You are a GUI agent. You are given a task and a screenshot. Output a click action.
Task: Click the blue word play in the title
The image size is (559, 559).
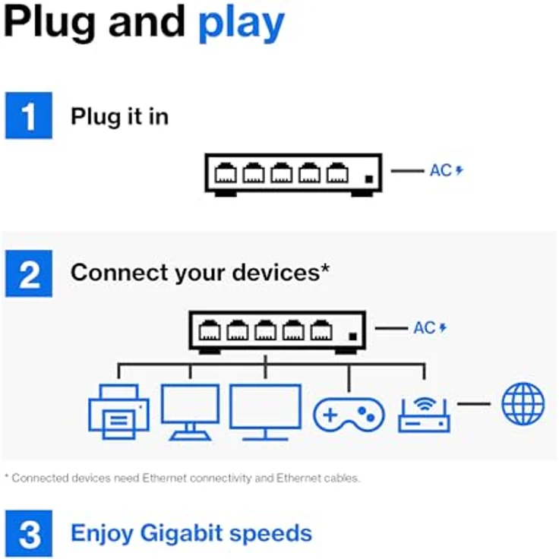pos(242,24)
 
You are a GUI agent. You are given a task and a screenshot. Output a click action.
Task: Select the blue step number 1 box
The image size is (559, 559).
pos(29,115)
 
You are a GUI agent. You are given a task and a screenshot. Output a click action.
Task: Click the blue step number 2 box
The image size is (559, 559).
pos(29,273)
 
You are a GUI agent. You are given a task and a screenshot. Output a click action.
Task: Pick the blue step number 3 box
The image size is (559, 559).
pos(29,534)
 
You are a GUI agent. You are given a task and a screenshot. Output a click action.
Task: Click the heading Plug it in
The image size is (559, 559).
pos(120,117)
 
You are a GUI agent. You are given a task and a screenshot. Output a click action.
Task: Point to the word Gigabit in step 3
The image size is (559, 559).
pos(181,533)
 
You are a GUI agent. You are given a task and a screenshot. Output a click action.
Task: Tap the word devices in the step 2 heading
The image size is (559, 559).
pos(276,273)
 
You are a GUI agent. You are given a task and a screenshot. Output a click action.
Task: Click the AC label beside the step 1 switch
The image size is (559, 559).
pos(441,170)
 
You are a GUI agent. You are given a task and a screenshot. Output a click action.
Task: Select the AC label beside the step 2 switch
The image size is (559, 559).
pos(425,328)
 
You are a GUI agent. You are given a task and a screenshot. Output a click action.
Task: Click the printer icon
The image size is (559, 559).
pos(118,412)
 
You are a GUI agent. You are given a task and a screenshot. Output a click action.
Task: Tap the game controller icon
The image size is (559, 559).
pos(349,415)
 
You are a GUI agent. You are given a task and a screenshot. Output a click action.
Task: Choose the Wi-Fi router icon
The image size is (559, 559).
pos(424,415)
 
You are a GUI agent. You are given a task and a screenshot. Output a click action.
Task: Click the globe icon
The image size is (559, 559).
pos(523,404)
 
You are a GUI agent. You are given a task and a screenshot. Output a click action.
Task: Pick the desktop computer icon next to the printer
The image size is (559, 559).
pos(191,412)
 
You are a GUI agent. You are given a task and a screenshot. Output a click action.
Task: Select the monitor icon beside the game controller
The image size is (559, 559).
pos(265,412)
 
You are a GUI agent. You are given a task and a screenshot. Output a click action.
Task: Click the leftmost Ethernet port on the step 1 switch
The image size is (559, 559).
pos(226,172)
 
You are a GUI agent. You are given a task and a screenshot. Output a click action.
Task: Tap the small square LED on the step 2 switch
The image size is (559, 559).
pos(352,336)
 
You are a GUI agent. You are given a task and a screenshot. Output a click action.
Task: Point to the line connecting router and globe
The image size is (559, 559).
pos(474,404)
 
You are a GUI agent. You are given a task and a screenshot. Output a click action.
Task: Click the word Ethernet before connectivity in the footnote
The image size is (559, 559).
pos(164,478)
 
